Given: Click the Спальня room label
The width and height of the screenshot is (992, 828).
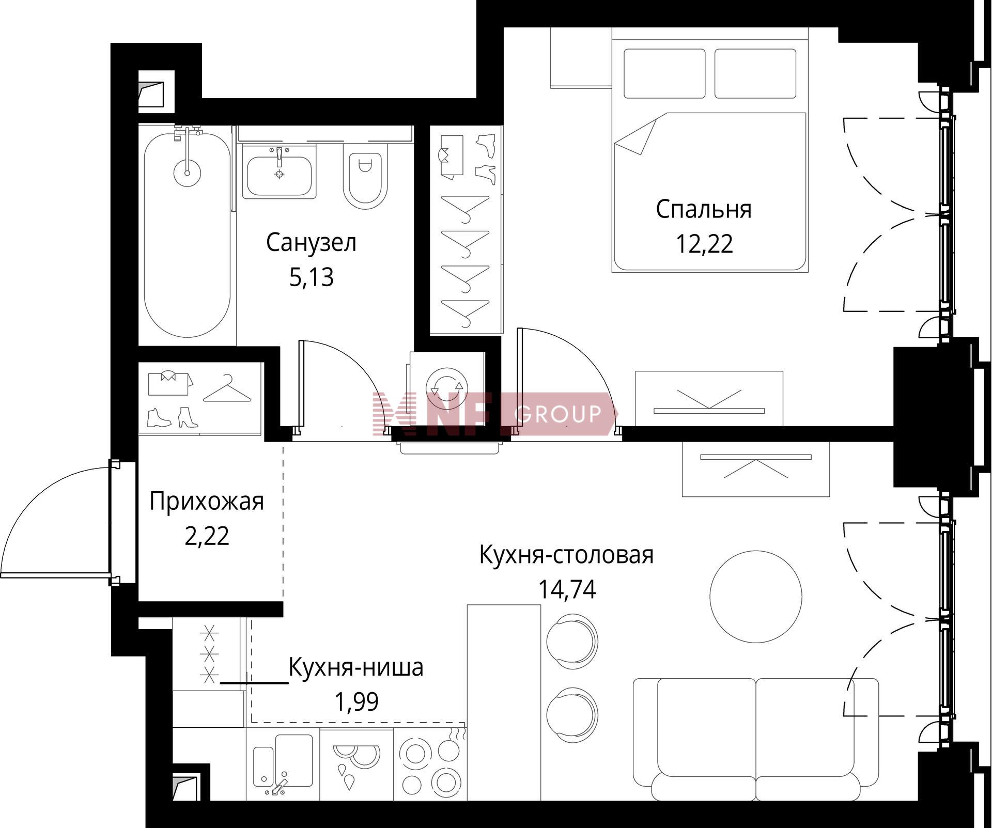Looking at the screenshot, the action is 704,210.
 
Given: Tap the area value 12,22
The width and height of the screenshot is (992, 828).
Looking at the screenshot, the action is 704,244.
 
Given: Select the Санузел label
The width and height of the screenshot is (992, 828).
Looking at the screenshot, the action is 311,242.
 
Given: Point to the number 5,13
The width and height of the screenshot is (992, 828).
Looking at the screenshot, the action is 312,277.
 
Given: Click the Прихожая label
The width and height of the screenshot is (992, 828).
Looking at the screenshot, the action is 207,502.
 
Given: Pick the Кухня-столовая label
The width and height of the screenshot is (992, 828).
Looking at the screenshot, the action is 567,555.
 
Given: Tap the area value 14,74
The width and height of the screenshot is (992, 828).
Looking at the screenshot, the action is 567,589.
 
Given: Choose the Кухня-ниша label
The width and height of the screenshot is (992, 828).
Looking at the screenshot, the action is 356,667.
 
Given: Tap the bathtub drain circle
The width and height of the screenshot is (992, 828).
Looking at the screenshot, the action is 187,173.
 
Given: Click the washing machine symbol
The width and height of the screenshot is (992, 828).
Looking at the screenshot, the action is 446,388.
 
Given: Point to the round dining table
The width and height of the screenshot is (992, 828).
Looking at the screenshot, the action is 756,595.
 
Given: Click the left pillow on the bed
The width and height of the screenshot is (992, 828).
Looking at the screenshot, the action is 664,73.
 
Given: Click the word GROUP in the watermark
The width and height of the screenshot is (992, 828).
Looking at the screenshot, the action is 559,413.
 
